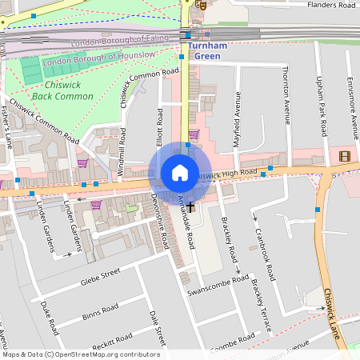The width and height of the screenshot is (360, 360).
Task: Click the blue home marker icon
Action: pyautogui.click(x=180, y=172)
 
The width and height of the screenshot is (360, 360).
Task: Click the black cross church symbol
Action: pyautogui.click(x=190, y=206)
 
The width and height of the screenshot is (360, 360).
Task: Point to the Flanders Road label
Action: pyautogui.click(x=331, y=5)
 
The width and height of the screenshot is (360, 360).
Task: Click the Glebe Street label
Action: pyautogui.click(x=100, y=276)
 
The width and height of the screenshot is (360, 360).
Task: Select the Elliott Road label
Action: pyautogui.click(x=160, y=134)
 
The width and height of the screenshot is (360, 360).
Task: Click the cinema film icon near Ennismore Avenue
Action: pyautogui.click(x=345, y=155)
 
